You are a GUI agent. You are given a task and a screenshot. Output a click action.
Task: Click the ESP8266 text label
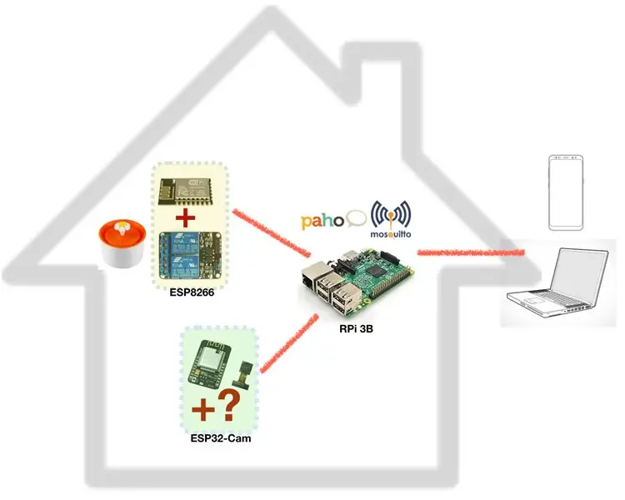[192, 292]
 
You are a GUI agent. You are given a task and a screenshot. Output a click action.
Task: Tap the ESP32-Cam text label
[221, 438]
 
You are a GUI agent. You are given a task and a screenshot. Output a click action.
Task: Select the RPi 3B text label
[357, 329]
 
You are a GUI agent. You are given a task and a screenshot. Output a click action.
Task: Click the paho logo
[333, 221]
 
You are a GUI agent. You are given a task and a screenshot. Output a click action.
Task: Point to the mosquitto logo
[391, 220]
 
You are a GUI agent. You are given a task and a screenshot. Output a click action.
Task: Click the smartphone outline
[566, 192]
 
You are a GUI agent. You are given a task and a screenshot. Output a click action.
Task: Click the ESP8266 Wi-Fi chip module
[184, 192]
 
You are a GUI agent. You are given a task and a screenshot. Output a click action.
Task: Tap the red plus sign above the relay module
[186, 218]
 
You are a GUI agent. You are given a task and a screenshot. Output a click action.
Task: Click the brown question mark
[228, 405]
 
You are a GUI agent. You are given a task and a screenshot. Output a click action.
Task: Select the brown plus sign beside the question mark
[203, 410]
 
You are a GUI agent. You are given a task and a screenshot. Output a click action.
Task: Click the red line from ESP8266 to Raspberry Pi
[272, 232]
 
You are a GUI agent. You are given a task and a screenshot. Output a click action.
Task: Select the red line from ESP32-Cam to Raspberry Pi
[289, 343]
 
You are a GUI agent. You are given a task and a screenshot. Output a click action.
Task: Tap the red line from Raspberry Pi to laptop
[471, 252]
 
